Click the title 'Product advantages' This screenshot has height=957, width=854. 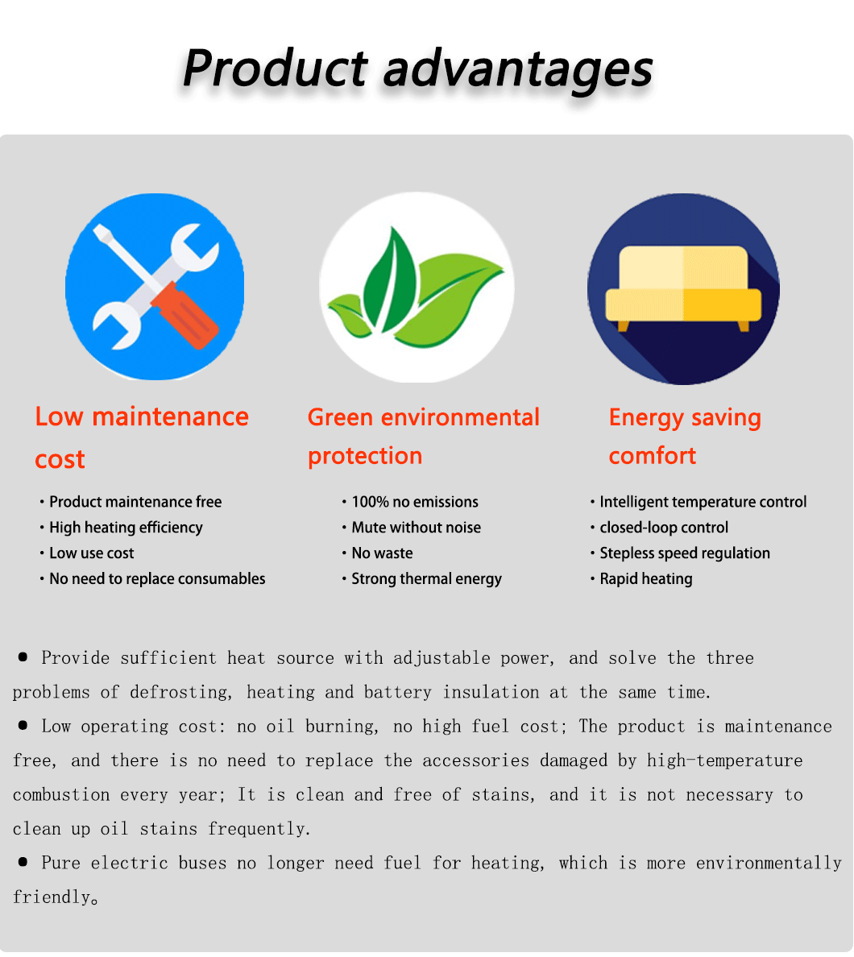point(417,69)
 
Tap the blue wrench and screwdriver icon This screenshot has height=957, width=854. point(155,287)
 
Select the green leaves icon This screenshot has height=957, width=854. point(417,288)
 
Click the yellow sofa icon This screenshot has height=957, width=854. point(683,288)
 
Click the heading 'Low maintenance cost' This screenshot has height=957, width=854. point(142,437)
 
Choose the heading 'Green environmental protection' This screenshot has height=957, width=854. point(424,437)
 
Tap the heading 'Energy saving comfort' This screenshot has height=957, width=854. point(685,437)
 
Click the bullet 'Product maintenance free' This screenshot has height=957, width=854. point(135,502)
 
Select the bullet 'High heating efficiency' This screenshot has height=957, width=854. point(126,528)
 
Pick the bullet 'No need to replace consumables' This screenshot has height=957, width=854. point(157,578)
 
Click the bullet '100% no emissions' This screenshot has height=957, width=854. point(415,502)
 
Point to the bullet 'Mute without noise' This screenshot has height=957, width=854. point(417,528)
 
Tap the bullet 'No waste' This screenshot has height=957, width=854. point(382,553)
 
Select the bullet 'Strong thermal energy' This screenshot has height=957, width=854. point(427,578)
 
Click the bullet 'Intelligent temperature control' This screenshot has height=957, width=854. point(703,502)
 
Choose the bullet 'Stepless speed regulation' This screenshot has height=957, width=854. point(685,553)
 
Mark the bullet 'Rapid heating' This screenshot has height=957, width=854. point(646,578)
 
